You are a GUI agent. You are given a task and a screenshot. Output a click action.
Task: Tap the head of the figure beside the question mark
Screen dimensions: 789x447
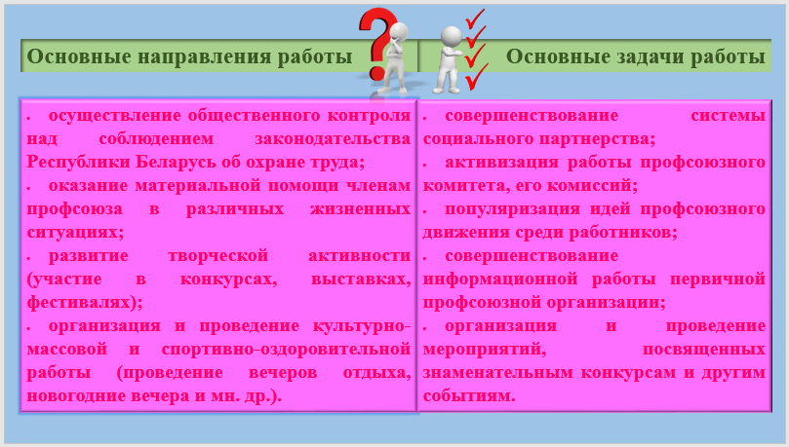click(x=400, y=32)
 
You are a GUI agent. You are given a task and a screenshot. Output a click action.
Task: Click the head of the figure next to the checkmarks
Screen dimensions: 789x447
click(x=451, y=36)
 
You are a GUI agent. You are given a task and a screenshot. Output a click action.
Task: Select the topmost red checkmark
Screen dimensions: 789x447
click(x=475, y=19)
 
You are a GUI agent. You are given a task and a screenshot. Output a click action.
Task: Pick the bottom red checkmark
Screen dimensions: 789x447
click(x=476, y=76)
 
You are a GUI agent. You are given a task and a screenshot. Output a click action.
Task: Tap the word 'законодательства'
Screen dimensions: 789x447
click(x=333, y=138)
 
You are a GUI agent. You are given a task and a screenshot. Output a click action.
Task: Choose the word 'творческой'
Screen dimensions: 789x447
click(x=217, y=256)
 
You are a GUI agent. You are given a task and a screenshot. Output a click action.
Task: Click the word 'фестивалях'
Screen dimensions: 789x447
click(x=81, y=302)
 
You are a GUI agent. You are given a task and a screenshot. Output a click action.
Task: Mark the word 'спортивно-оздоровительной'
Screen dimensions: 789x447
click(x=286, y=349)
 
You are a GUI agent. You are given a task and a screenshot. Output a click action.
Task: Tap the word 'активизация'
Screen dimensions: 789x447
click(x=501, y=163)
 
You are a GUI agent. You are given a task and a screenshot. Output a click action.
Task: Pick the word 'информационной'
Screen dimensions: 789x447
click(x=500, y=279)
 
